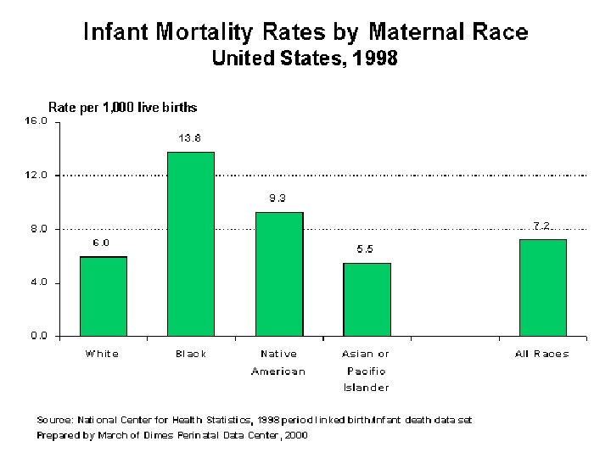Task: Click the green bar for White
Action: pyautogui.click(x=103, y=296)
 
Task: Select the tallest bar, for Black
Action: pyautogui.click(x=191, y=243)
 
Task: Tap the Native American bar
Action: pyautogui.click(x=279, y=274)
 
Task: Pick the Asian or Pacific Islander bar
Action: pyautogui.click(x=367, y=299)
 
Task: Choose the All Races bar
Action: pyautogui.click(x=542, y=288)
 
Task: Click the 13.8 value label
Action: pyautogui.click(x=189, y=138)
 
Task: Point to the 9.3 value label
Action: pyautogui.click(x=278, y=198)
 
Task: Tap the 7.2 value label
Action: pyautogui.click(x=542, y=226)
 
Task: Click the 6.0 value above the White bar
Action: pyautogui.click(x=101, y=243)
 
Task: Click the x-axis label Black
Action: pyautogui.click(x=191, y=354)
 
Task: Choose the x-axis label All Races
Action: pyautogui.click(x=542, y=354)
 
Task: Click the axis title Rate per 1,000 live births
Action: pyautogui.click(x=122, y=107)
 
